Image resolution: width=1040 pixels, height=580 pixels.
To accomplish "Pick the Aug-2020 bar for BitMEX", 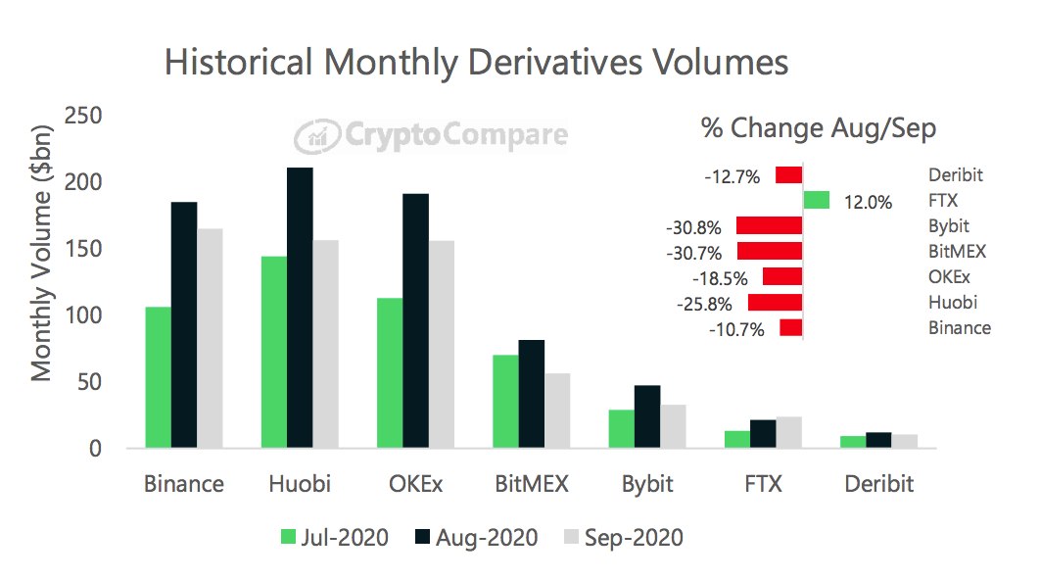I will point(531,394).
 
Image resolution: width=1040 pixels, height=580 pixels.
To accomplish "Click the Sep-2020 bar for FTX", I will point(788,432).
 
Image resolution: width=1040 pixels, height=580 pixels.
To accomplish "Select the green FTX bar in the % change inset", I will point(816,201).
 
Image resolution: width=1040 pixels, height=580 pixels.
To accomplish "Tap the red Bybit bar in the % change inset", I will point(770,225).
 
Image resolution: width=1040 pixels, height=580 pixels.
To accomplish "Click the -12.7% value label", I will point(733,177).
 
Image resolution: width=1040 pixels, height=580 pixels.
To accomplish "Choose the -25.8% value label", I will point(704,304).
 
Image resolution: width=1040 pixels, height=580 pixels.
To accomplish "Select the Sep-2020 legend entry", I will point(622,537).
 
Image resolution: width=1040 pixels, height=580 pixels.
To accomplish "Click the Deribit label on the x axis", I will point(877,484).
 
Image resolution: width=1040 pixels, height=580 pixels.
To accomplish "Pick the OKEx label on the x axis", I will point(415,484).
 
